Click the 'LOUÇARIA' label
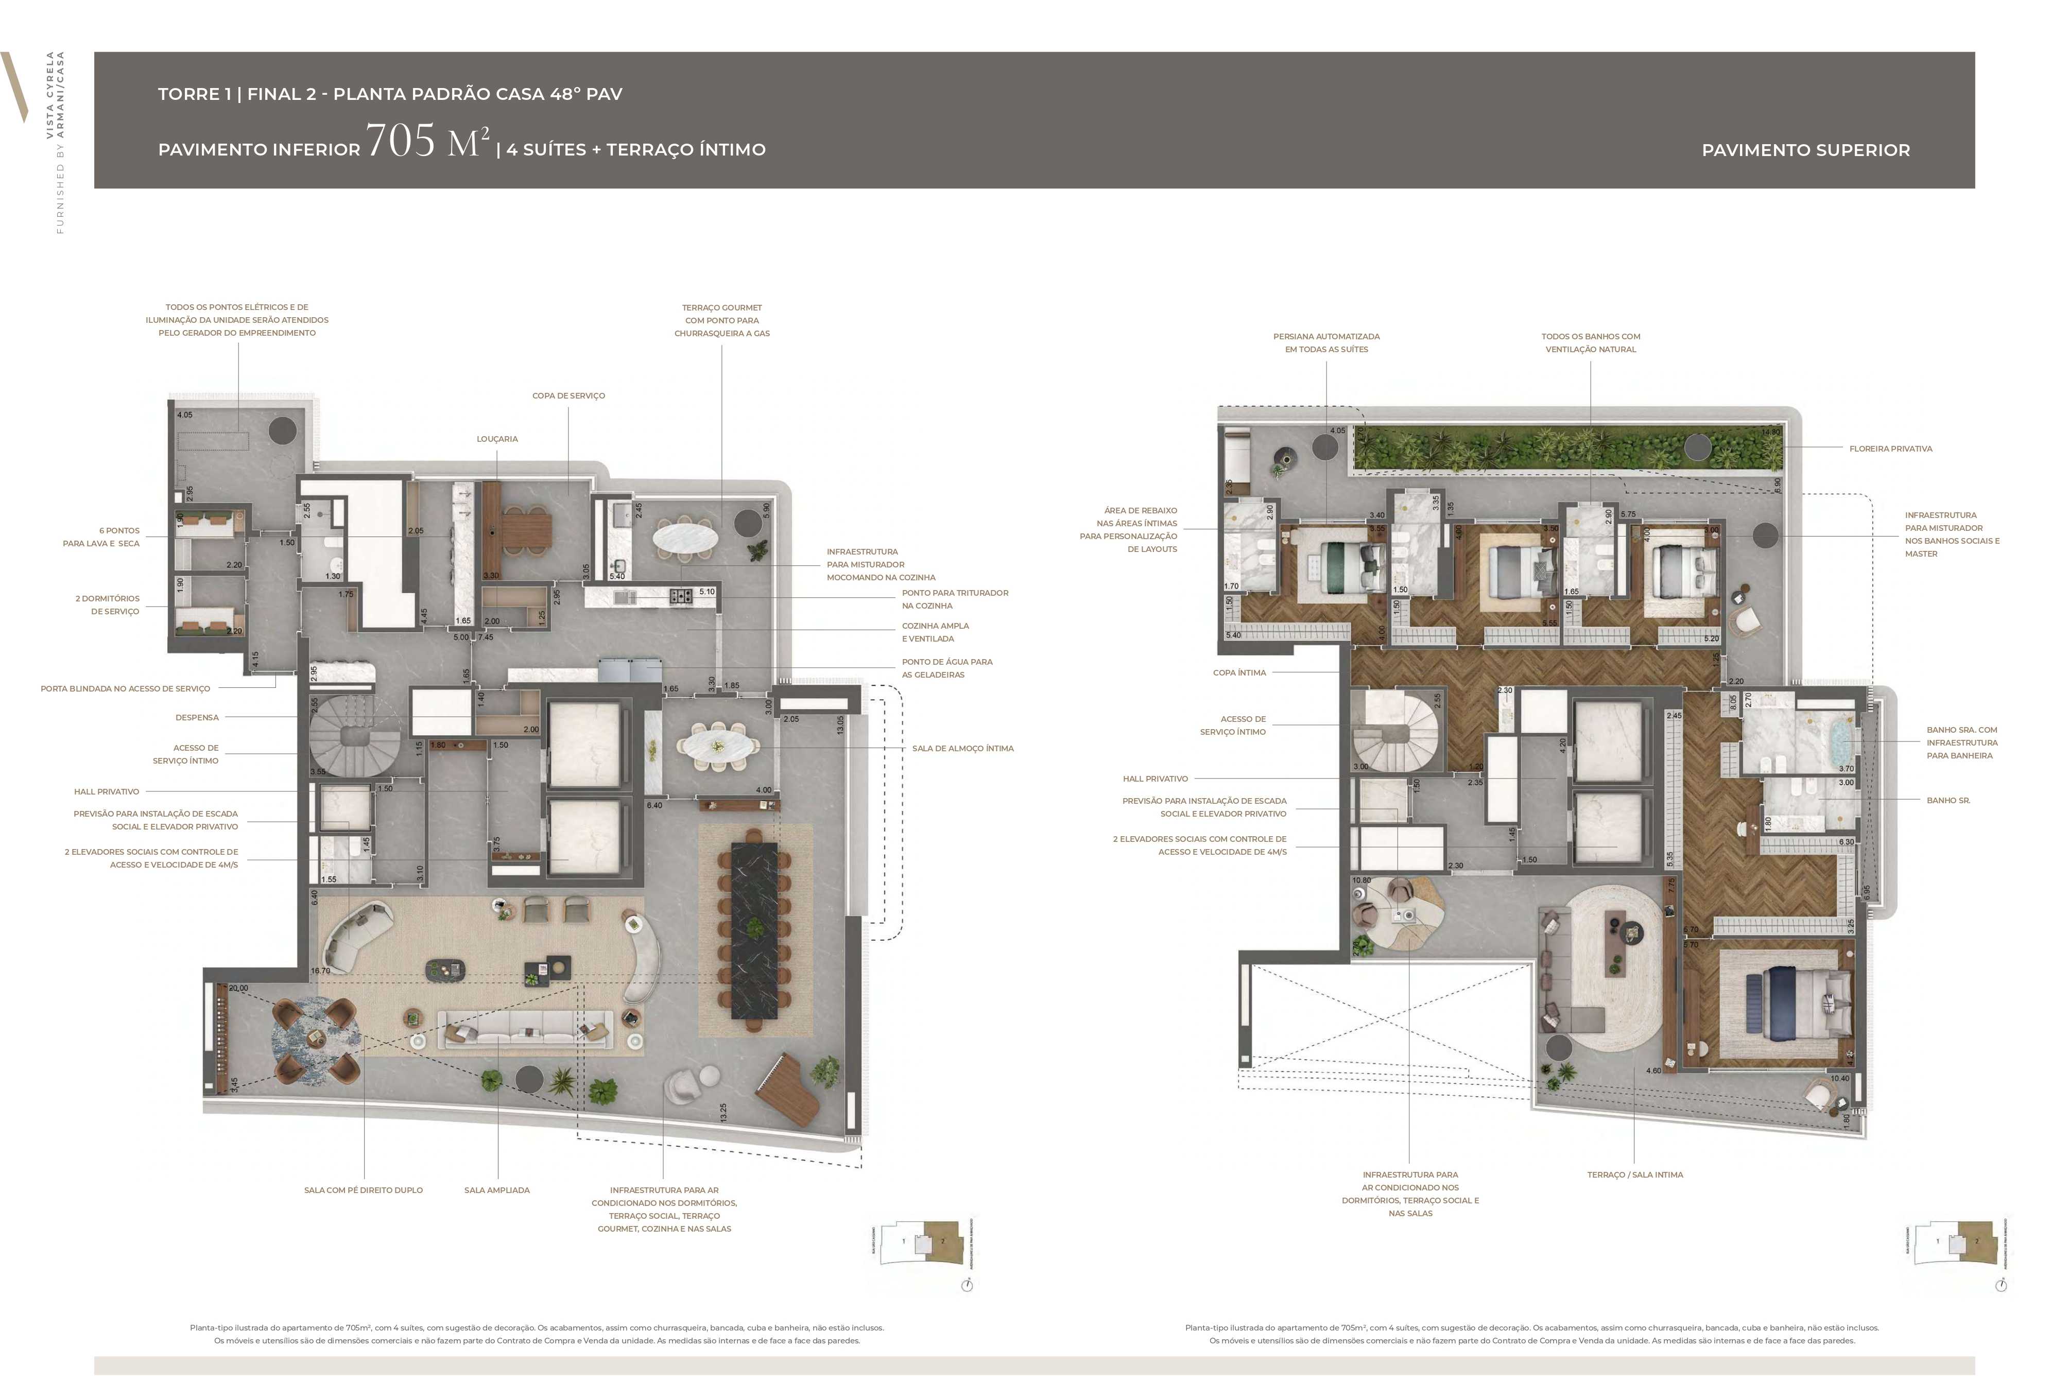pyautogui.click(x=496, y=439)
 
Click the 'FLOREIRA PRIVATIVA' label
pyautogui.click(x=1890, y=448)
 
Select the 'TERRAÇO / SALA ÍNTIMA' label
pyautogui.click(x=1634, y=1175)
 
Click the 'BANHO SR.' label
pyautogui.click(x=1948, y=800)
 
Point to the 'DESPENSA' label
pyautogui.click(x=197, y=717)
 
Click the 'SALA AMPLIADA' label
pyautogui.click(x=496, y=1190)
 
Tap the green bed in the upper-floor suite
pyautogui.click(x=1340, y=567)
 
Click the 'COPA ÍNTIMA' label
pyautogui.click(x=1238, y=673)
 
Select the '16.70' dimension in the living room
pyautogui.click(x=320, y=971)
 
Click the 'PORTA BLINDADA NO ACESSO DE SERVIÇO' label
pyautogui.click(x=126, y=689)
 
